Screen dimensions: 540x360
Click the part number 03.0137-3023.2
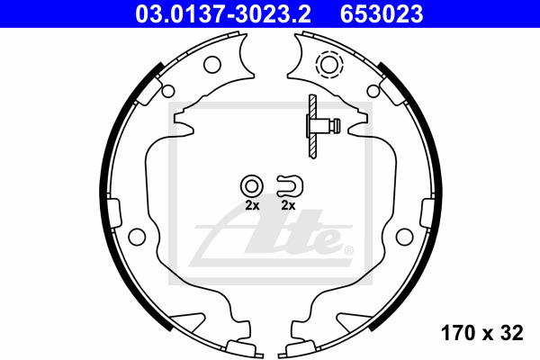click(x=223, y=13)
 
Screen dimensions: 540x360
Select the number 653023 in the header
click(x=382, y=13)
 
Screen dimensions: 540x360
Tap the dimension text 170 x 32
click(x=481, y=333)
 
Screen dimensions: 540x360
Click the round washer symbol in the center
click(x=252, y=186)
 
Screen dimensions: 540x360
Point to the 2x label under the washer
click(x=252, y=206)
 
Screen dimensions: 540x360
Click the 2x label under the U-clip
click(x=288, y=206)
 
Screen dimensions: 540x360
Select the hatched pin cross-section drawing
click(x=313, y=126)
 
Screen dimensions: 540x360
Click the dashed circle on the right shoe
click(x=328, y=64)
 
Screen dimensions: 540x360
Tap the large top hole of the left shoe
click(x=211, y=64)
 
